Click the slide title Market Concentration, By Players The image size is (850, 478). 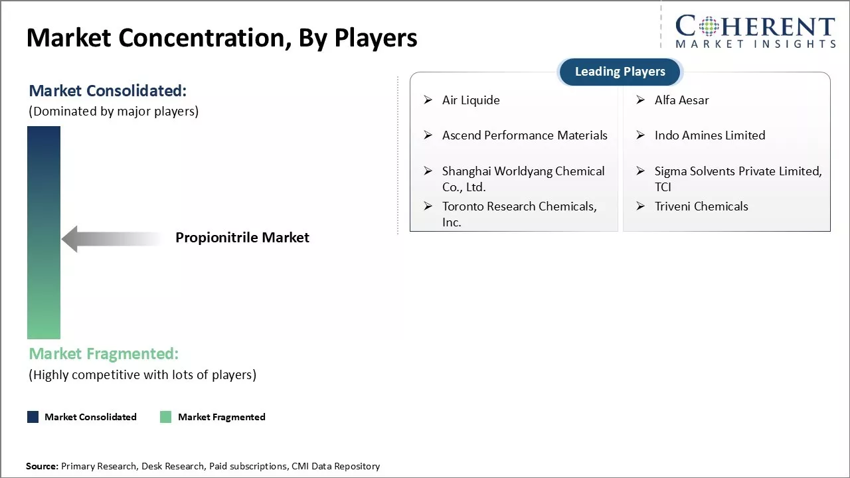click(x=222, y=39)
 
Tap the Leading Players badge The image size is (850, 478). click(x=620, y=72)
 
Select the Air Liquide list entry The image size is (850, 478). click(x=471, y=100)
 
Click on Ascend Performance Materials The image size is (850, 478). click(x=525, y=135)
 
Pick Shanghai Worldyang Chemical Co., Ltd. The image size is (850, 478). click(x=523, y=179)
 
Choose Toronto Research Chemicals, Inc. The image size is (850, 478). click(x=519, y=214)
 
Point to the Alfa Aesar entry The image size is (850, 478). click(x=681, y=100)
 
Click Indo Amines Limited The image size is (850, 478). click(x=710, y=135)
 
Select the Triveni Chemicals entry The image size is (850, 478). click(x=701, y=206)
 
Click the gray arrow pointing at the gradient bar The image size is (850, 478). click(x=112, y=239)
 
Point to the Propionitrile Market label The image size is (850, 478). click(x=242, y=238)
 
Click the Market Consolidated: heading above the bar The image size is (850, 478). click(x=108, y=91)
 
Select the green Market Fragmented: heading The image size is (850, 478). click(x=104, y=354)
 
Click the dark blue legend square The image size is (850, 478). click(x=33, y=417)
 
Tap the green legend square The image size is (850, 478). click(x=166, y=417)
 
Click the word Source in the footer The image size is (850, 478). click(x=42, y=466)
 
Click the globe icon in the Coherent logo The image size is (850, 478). click(x=709, y=26)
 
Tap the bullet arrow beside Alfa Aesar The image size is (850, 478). click(x=641, y=100)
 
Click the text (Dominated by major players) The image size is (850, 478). click(x=114, y=112)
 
